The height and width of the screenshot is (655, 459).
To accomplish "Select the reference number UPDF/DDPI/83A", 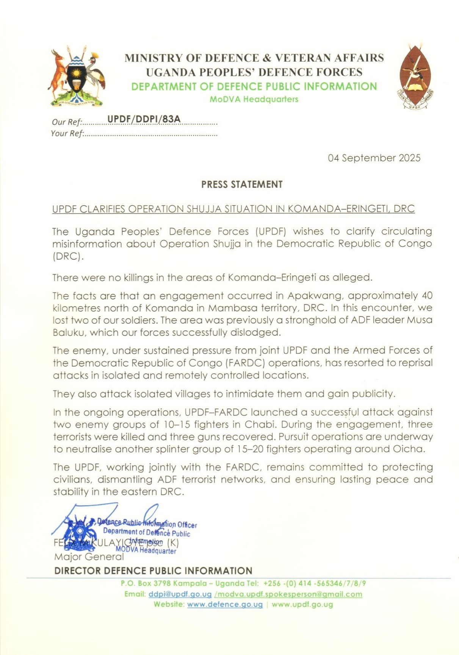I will pos(144,119).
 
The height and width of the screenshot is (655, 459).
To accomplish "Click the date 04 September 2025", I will pos(374,158).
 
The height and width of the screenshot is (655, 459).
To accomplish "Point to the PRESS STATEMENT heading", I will pos(242,184).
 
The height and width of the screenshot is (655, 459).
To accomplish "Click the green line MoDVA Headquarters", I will pos(254,100).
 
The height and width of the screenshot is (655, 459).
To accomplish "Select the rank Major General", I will pos(89,557).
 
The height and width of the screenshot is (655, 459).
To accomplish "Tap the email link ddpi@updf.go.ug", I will pos(180,594).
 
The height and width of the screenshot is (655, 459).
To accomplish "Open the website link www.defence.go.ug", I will pos(225,604).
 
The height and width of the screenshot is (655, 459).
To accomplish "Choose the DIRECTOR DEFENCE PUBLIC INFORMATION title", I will pos(153,571).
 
